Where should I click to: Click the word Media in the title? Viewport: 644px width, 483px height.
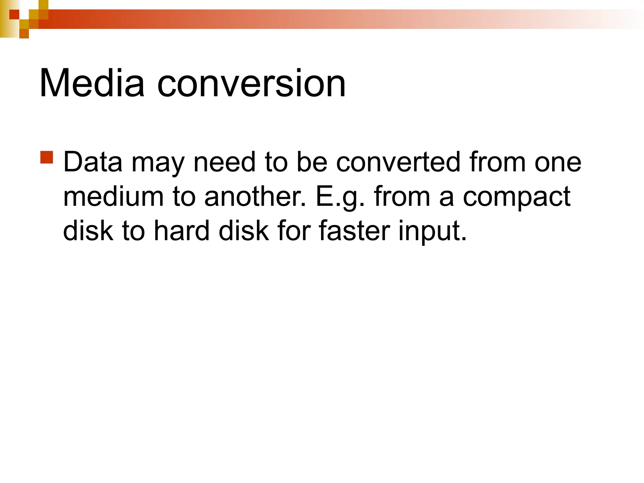coord(92,83)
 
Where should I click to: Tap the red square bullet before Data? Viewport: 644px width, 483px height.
coord(47,157)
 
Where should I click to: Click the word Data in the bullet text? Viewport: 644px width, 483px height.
coord(93,162)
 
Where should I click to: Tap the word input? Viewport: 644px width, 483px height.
coord(432,232)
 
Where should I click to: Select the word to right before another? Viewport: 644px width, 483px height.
coord(184,197)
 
